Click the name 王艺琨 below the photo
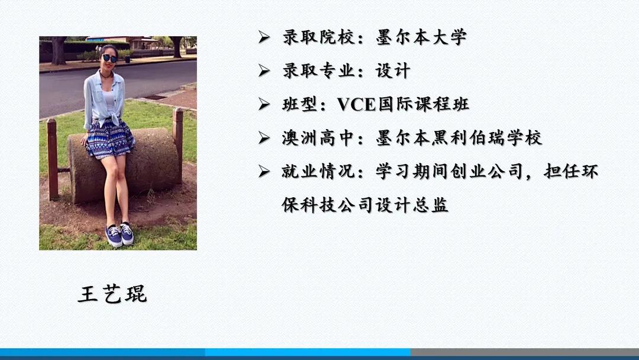coord(112,294)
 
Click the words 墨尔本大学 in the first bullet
coord(421,37)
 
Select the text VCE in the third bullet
coord(357,105)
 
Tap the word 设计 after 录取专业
coord(393,71)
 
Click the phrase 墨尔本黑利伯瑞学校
coord(459,139)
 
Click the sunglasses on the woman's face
coord(109,58)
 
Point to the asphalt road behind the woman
coord(160,80)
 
